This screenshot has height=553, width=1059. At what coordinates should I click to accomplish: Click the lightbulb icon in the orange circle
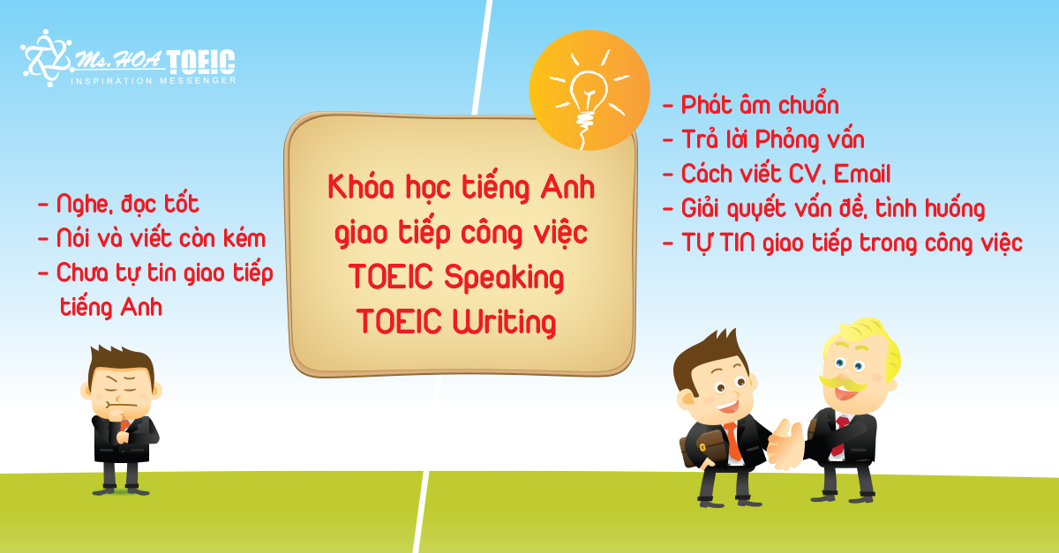click(x=590, y=94)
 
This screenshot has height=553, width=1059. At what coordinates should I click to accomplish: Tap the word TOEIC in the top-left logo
click(x=201, y=63)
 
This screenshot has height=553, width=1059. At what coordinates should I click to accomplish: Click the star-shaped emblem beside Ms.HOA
click(x=46, y=58)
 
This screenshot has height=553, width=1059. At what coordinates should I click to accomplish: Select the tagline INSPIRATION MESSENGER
click(x=154, y=81)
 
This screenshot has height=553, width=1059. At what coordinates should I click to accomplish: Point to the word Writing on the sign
click(x=504, y=321)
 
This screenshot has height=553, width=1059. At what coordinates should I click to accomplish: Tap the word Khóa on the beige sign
click(x=361, y=187)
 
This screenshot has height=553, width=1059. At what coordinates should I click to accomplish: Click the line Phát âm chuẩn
click(x=760, y=104)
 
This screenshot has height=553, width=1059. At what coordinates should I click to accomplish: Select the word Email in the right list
click(x=862, y=174)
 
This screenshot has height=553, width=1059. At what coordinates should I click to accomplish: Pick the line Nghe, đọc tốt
click(x=128, y=205)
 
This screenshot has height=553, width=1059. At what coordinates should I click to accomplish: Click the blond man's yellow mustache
click(x=843, y=384)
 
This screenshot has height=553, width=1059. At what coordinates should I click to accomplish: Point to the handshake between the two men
click(x=785, y=444)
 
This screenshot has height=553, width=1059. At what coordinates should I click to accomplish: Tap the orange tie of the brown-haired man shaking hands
click(x=732, y=442)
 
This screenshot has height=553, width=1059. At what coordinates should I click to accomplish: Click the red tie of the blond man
click(x=838, y=435)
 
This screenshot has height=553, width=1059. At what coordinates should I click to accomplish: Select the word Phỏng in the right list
click(x=786, y=140)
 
